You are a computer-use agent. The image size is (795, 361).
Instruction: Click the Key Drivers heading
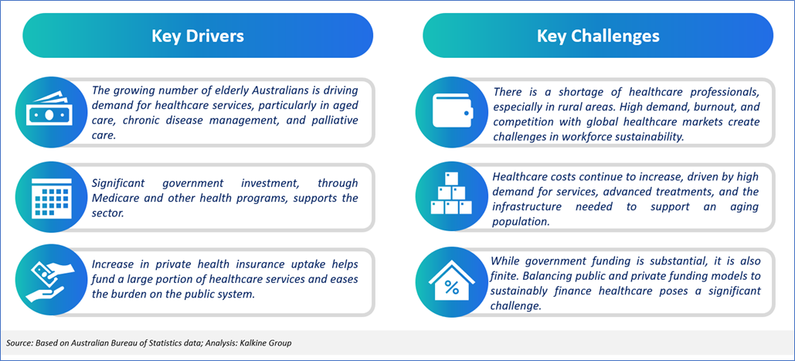[x=198, y=36]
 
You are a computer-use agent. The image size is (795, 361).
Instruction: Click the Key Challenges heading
[x=598, y=36]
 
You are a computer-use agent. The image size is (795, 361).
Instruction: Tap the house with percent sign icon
[x=450, y=281]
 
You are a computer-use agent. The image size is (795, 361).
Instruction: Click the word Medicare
[x=114, y=197]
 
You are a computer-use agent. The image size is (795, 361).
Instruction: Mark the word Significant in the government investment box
[x=117, y=182]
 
